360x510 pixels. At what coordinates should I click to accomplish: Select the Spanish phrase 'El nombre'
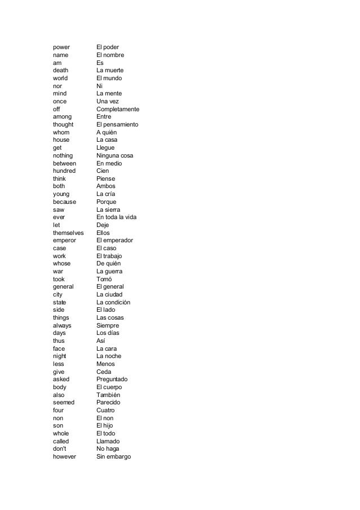point(110,55)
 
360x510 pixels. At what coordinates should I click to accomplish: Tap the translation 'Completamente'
point(118,109)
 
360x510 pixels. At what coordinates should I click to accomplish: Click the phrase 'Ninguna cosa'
point(115,155)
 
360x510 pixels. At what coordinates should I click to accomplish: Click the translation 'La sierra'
point(109,210)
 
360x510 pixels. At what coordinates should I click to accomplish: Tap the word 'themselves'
point(68,233)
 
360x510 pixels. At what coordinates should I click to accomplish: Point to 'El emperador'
point(115,241)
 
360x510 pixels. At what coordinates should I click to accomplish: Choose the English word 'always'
point(63,325)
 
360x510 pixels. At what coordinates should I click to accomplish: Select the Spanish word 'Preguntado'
point(112,380)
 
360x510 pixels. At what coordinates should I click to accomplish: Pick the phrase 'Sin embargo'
point(113,457)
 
